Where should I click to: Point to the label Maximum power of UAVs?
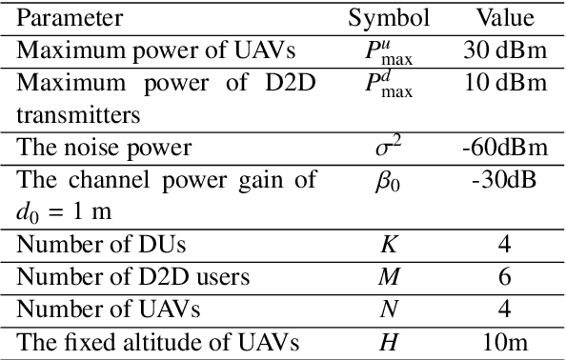tap(141, 50)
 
